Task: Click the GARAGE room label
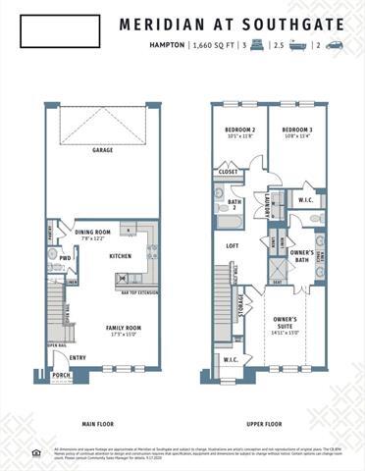pos(102,150)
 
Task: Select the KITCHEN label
pos(120,256)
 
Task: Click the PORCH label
pos(61,374)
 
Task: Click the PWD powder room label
pos(65,259)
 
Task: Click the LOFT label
pos(233,246)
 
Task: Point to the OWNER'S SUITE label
pos(285,322)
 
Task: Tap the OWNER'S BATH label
pos(302,254)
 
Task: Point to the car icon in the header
pos(335,45)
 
